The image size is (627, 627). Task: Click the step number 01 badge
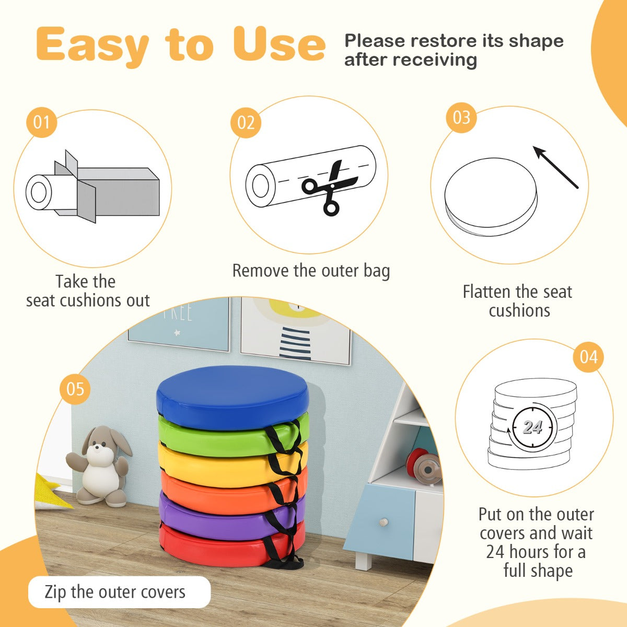(x=42, y=122)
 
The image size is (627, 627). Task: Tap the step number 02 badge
(x=246, y=123)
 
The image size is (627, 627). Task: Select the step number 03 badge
(x=461, y=118)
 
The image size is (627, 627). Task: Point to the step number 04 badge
(x=588, y=357)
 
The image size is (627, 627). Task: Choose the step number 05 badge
(x=75, y=389)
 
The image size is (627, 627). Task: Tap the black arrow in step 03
(x=555, y=167)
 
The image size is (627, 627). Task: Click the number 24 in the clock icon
(x=532, y=427)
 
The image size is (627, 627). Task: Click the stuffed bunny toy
(x=99, y=466)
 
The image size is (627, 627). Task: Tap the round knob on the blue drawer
(x=384, y=522)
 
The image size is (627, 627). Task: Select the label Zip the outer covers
(x=115, y=592)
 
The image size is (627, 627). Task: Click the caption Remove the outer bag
(x=311, y=271)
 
